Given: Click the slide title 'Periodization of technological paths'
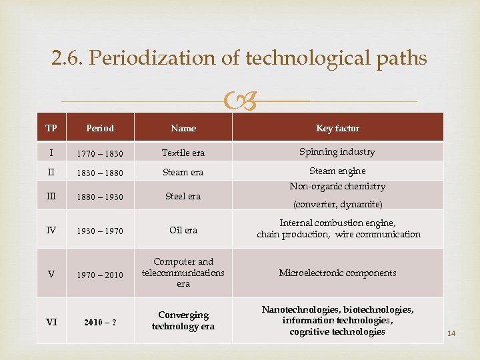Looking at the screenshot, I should click(239, 59).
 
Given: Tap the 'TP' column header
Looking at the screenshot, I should click(51, 128).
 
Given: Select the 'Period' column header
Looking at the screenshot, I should click(100, 128).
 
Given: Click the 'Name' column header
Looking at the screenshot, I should click(183, 128).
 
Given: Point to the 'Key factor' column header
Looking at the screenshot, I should click(337, 128).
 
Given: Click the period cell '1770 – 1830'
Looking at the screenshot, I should click(100, 153).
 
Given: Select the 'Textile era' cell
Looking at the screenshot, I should click(183, 153).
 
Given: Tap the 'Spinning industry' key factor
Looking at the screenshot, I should click(337, 152).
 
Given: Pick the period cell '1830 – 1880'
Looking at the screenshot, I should click(100, 173).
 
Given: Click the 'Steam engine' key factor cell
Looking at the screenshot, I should click(337, 171).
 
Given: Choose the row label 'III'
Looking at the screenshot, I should click(51, 197).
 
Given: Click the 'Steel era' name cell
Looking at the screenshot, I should click(183, 197).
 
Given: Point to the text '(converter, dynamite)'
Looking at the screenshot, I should click(337, 204).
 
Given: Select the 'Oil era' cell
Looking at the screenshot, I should click(183, 231).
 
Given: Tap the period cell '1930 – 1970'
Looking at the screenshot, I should click(100, 231).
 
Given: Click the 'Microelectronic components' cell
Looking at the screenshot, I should click(337, 273).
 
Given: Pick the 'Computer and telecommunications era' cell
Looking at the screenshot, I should click(183, 273).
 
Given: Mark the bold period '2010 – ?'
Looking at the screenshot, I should click(100, 323).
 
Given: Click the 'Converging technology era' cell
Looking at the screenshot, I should click(183, 321).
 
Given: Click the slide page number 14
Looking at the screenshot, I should click(451, 333).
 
